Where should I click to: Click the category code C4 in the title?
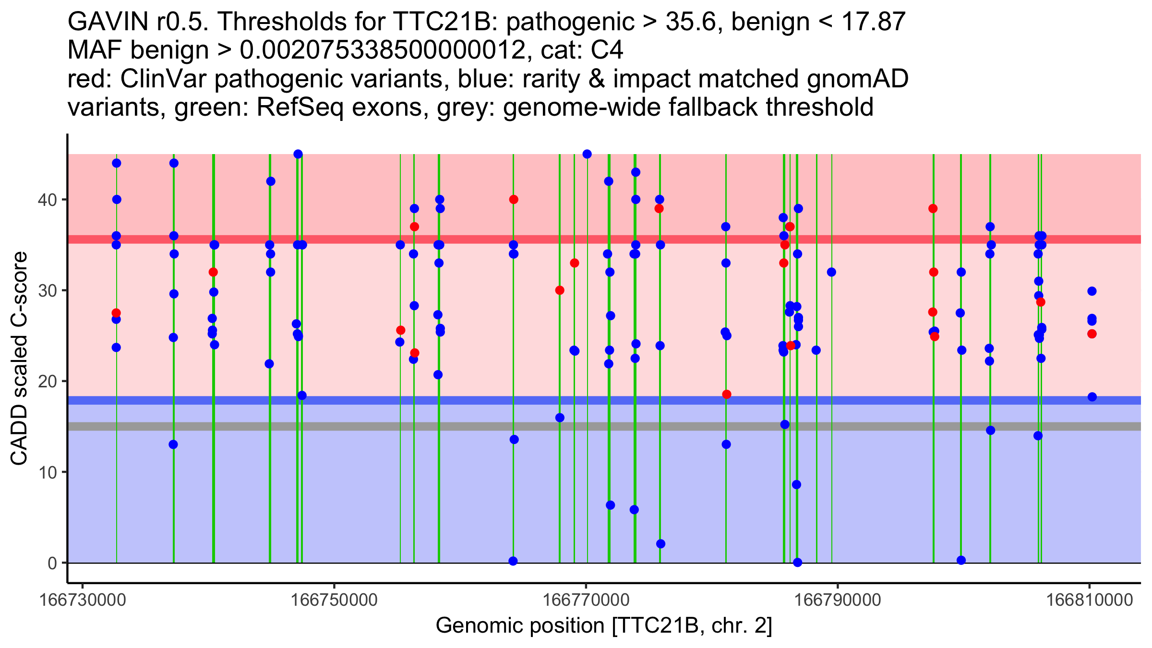pos(607,50)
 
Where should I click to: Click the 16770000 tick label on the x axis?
pos(586,600)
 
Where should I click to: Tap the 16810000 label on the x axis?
pos(1089,600)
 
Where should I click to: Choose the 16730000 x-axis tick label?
pos(83,600)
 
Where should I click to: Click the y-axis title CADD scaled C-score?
pos(19,359)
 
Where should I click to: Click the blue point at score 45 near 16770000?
pos(587,154)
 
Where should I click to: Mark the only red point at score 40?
pos(514,200)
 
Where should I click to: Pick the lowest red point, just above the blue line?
pos(727,395)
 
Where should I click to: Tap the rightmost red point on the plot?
pos(1092,334)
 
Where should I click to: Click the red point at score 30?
pos(560,290)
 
